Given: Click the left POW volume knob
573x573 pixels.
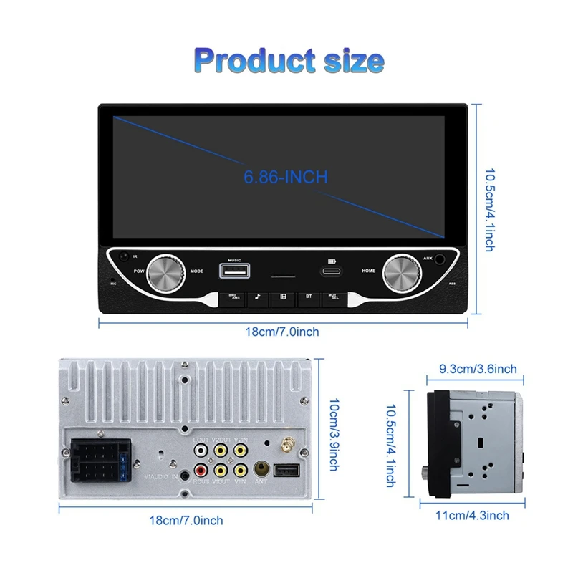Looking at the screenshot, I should click(167, 271).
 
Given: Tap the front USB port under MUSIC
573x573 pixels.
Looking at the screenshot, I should click(234, 271).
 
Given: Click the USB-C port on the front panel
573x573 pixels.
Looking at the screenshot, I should click(331, 272).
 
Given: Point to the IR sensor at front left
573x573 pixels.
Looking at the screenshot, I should click(125, 256).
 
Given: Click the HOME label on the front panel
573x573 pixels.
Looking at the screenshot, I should click(368, 271).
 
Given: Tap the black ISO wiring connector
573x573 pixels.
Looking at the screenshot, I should click(99, 461).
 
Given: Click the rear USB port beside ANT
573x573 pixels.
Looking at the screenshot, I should click(284, 471).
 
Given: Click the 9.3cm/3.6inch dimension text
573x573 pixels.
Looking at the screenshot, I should click(477, 369).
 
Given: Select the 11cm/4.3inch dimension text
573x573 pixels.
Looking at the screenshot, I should click(473, 516).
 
